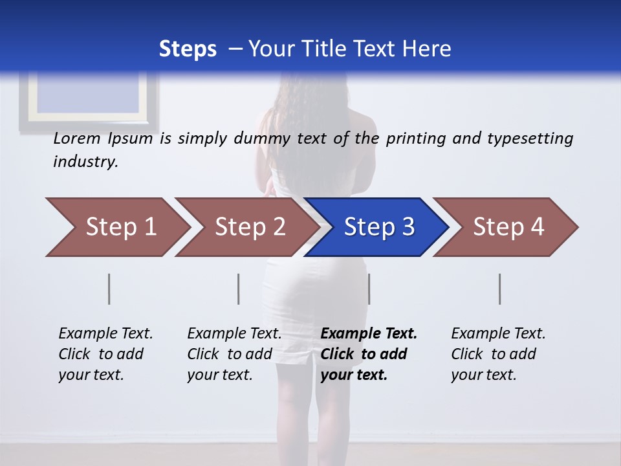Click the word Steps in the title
click(x=188, y=49)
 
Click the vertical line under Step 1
click(x=109, y=289)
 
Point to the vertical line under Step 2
click(x=239, y=289)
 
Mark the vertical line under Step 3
click(x=369, y=289)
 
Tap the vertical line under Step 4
click(x=499, y=289)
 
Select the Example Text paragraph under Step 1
click(x=105, y=353)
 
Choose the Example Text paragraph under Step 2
click(x=234, y=353)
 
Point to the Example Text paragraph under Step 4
click(x=498, y=353)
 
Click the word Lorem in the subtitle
click(x=77, y=139)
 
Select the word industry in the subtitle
click(x=85, y=162)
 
